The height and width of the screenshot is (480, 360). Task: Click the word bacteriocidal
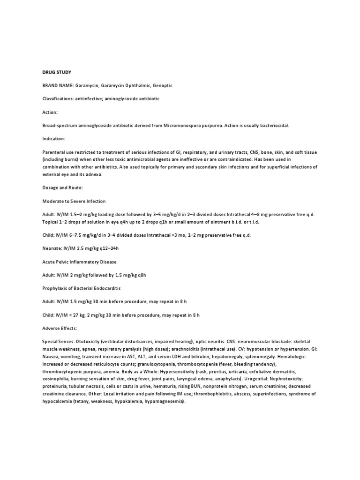272,126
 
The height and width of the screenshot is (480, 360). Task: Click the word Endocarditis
112,289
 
